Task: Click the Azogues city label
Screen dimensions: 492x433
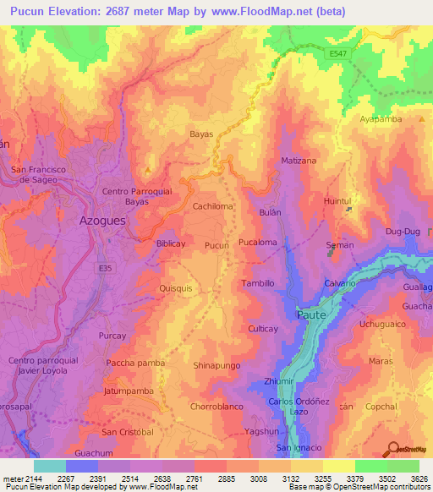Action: pyautogui.click(x=101, y=219)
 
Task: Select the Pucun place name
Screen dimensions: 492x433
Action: pyautogui.click(x=216, y=245)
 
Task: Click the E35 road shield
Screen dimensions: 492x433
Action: pyautogui.click(x=103, y=266)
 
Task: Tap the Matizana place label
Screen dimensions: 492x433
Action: pyautogui.click(x=299, y=160)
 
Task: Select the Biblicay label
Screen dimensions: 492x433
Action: pyautogui.click(x=170, y=243)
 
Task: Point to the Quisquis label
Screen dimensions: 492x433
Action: pyautogui.click(x=176, y=287)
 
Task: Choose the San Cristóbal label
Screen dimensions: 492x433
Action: pyautogui.click(x=128, y=432)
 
